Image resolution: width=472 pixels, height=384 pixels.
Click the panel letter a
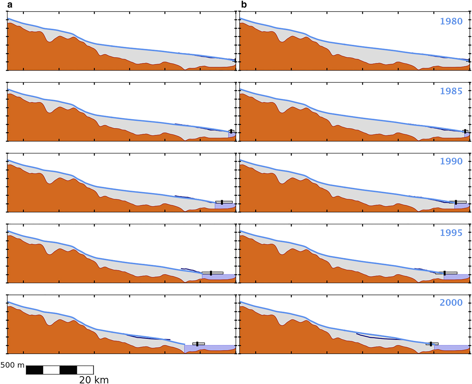pos(9,5)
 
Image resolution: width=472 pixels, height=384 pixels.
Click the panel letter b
pos(244,4)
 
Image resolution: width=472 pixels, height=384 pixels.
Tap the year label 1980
pos(451,21)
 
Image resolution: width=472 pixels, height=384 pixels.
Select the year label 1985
pos(451,91)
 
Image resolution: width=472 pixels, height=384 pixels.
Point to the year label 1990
pos(451,161)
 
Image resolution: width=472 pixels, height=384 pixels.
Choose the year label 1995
pos(451,233)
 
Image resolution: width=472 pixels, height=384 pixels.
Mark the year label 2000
pos(451,302)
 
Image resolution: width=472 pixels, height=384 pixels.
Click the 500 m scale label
pos(12,365)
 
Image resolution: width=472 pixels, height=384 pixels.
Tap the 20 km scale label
pos(94,380)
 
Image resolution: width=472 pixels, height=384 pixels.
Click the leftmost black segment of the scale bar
pos(35,370)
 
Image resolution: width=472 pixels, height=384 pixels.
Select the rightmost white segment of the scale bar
pos(85,370)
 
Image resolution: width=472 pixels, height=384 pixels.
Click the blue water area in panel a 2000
pos(209,348)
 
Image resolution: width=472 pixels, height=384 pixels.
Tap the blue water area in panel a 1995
pos(218,277)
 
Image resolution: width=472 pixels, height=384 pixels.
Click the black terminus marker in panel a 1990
pos(222,202)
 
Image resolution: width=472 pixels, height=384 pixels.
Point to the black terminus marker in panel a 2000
pos(197,344)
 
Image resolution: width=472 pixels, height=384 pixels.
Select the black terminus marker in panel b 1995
pos(444,273)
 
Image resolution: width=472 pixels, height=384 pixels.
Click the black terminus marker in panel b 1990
pos(456,202)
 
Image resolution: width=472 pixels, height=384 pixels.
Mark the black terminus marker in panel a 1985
pos(231,131)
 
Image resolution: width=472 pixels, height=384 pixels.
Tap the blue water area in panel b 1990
pos(461,205)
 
